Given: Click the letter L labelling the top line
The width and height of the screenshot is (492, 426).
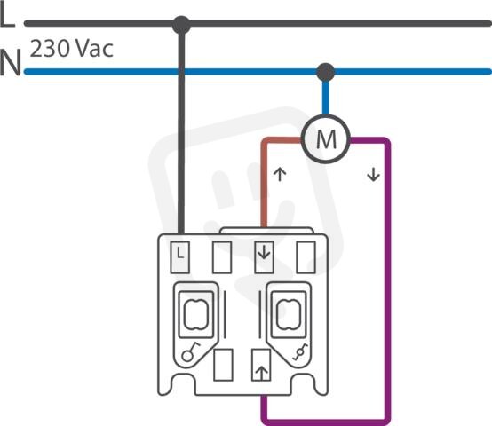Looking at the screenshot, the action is click(x=7, y=14).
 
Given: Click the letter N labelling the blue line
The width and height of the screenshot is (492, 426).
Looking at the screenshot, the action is click(x=10, y=62).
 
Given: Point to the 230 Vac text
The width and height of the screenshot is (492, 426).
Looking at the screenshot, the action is click(x=72, y=49).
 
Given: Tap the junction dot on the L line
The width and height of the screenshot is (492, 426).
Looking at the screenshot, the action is click(x=181, y=25).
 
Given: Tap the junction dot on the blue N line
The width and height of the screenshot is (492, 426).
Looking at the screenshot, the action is click(x=326, y=72).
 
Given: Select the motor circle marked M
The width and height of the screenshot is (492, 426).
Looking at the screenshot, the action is click(x=326, y=138).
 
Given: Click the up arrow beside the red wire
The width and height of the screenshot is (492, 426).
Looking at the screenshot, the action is click(x=280, y=174).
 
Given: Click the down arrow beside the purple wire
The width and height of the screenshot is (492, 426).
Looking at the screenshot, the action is click(x=373, y=174).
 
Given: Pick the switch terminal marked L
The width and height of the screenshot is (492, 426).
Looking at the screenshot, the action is click(x=179, y=257).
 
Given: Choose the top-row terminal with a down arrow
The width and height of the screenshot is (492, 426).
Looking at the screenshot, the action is click(x=264, y=257).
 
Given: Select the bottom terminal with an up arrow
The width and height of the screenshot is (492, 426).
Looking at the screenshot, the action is click(x=261, y=365).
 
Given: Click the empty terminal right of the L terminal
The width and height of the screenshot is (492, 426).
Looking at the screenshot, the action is click(x=222, y=257).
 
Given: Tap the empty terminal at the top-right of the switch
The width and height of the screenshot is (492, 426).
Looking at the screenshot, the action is click(x=306, y=257).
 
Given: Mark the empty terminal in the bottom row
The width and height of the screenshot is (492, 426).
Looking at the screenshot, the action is click(x=223, y=365).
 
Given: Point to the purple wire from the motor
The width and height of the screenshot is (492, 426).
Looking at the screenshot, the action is click(x=388, y=282).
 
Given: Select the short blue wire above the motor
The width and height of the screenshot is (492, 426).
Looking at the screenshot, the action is click(x=326, y=98).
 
